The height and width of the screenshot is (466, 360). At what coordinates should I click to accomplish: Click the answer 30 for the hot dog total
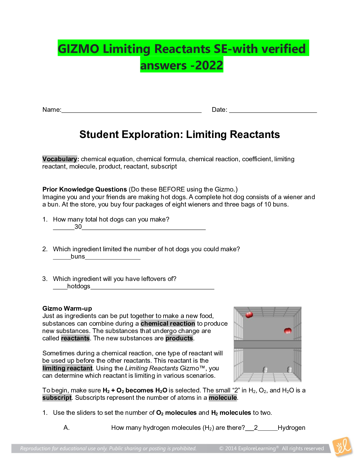(x=78, y=227)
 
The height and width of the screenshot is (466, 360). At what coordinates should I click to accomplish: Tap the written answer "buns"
(x=78, y=257)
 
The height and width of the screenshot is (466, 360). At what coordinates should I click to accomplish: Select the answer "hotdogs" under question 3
(x=79, y=286)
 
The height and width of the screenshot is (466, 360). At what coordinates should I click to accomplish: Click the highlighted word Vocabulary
(x=60, y=159)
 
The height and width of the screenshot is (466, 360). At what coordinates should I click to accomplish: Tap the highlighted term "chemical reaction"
(x=168, y=323)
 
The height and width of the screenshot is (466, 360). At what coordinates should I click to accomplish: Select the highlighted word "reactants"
(x=75, y=338)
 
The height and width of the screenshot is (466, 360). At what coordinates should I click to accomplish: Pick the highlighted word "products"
(x=179, y=338)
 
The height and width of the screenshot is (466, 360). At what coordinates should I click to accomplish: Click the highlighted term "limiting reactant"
(x=67, y=368)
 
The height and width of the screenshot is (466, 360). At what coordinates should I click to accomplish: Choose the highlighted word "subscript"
(x=57, y=397)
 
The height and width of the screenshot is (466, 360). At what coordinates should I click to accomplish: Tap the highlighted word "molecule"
(x=223, y=397)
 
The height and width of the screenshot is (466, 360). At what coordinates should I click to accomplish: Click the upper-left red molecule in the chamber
(x=249, y=315)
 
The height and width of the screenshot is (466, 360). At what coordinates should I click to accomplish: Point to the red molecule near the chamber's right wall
(x=288, y=331)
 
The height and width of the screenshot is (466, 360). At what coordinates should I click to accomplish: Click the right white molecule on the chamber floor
(x=289, y=370)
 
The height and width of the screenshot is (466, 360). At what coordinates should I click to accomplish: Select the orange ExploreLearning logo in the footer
(x=342, y=447)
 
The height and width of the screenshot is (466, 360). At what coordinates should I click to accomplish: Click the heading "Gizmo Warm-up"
(x=67, y=309)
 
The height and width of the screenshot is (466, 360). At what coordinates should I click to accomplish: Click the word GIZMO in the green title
(x=79, y=49)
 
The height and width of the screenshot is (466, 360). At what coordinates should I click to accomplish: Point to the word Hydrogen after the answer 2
(x=291, y=428)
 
